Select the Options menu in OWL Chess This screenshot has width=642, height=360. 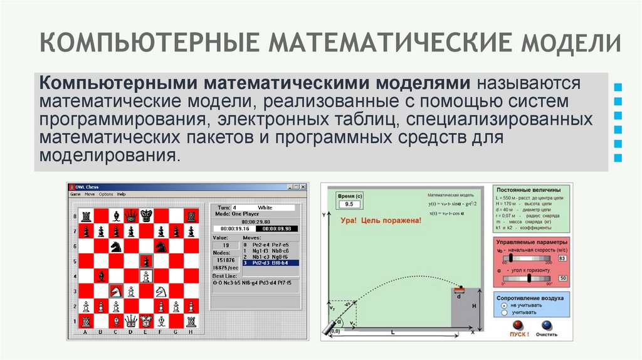click(x=105, y=194)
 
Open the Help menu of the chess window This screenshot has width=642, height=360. click(x=121, y=194)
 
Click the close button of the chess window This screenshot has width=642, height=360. click(x=303, y=187)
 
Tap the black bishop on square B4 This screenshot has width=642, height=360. click(x=100, y=276)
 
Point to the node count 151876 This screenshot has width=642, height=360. click(x=225, y=260)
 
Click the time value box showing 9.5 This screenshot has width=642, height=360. click(x=349, y=204)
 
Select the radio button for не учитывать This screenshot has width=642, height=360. click(x=503, y=304)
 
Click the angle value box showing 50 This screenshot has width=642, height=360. click(x=562, y=278)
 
